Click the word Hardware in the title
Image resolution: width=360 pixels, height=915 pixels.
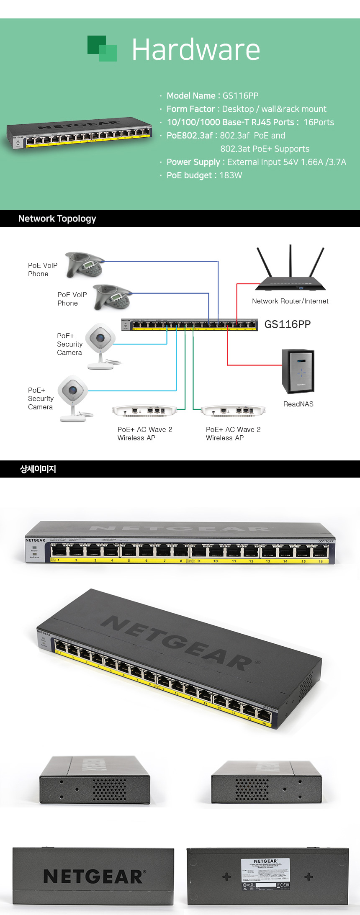point(196,50)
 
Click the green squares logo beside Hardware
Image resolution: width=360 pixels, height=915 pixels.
point(102,48)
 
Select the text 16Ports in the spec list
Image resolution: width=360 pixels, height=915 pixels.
point(319,122)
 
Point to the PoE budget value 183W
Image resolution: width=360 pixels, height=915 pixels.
point(231,175)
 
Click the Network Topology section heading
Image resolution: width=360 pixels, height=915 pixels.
point(57,218)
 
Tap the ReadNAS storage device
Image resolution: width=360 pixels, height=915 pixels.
point(298,371)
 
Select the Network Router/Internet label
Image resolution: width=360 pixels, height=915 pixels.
point(290,301)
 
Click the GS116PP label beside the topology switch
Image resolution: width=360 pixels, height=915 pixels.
point(288,324)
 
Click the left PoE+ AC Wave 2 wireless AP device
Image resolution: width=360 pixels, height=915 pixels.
point(145,411)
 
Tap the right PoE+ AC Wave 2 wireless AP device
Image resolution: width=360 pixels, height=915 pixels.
point(233,411)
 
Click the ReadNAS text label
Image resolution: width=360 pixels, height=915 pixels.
point(298,404)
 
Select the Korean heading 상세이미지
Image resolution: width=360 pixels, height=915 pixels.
point(38,469)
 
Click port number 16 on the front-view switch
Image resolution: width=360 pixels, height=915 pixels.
point(320,561)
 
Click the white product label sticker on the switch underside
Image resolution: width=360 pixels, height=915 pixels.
point(265,874)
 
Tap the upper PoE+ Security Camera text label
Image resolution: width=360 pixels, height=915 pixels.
point(69,344)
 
